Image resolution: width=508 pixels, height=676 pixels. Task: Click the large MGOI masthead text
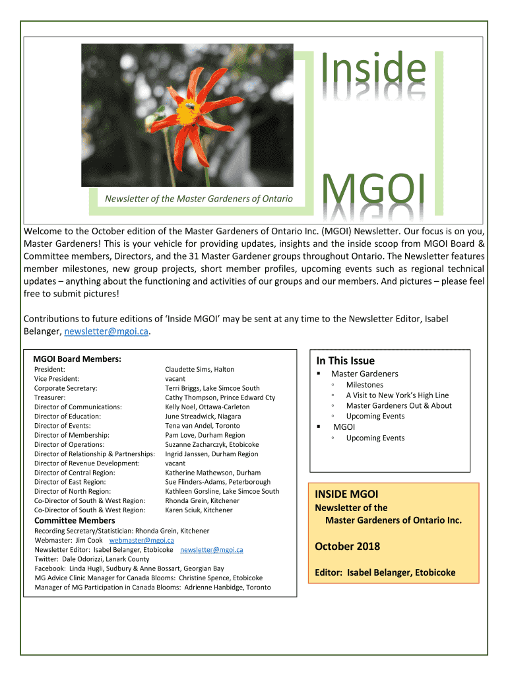click(x=373, y=191)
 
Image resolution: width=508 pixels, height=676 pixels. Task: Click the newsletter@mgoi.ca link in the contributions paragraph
click(x=106, y=331)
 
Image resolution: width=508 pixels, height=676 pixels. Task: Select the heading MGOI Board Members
click(x=77, y=358)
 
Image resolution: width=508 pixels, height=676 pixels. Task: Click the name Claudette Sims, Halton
click(x=199, y=369)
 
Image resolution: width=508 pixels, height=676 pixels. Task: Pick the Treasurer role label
click(x=49, y=397)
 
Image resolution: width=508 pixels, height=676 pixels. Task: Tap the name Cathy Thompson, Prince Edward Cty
click(x=220, y=397)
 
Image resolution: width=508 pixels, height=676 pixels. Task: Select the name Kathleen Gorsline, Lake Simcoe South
click(x=222, y=491)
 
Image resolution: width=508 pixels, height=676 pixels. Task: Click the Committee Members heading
click(x=75, y=520)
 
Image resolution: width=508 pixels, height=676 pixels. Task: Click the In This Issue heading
click(x=345, y=360)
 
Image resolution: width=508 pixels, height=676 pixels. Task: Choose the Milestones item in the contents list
click(x=364, y=385)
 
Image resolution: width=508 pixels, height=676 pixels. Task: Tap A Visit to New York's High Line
click(x=397, y=395)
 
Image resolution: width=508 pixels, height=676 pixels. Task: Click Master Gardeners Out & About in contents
click(x=398, y=405)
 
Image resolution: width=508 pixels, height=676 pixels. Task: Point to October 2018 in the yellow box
click(x=347, y=547)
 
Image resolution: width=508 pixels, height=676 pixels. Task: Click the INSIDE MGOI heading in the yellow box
click(x=346, y=494)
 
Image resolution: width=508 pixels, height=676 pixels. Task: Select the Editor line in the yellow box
click(x=385, y=572)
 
